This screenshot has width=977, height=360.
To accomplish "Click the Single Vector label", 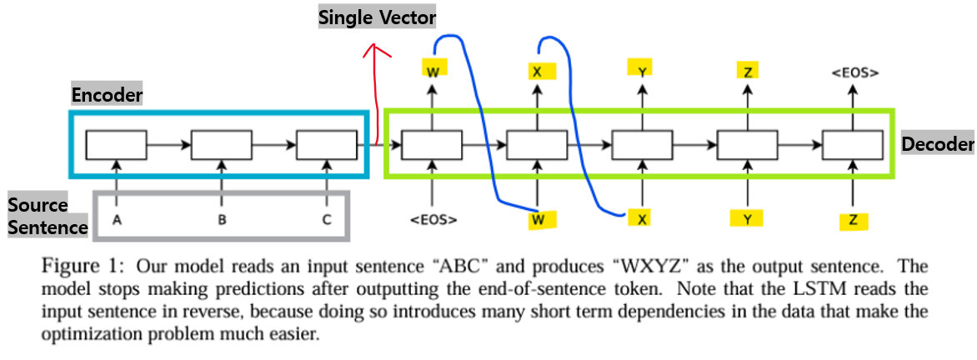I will coord(378,17).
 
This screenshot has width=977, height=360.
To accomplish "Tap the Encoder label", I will coord(107,95).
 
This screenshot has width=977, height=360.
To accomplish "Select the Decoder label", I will coord(938,144).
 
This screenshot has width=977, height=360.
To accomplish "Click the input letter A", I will coord(117,220).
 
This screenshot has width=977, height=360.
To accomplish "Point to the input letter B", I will coord(222,220).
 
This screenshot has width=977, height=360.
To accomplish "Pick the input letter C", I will coord(327,220).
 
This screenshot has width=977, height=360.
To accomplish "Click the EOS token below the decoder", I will coord(433,221).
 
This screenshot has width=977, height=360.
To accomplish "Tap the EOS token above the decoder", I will coord(854,73).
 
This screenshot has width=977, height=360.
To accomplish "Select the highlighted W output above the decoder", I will coord(433,72).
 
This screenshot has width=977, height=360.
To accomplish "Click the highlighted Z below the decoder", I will coord(853,221).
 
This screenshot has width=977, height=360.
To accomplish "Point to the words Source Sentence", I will coord(48,216).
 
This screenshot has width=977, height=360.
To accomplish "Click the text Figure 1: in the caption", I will coord(82,267).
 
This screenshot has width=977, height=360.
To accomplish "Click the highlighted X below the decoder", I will coord(642,218).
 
